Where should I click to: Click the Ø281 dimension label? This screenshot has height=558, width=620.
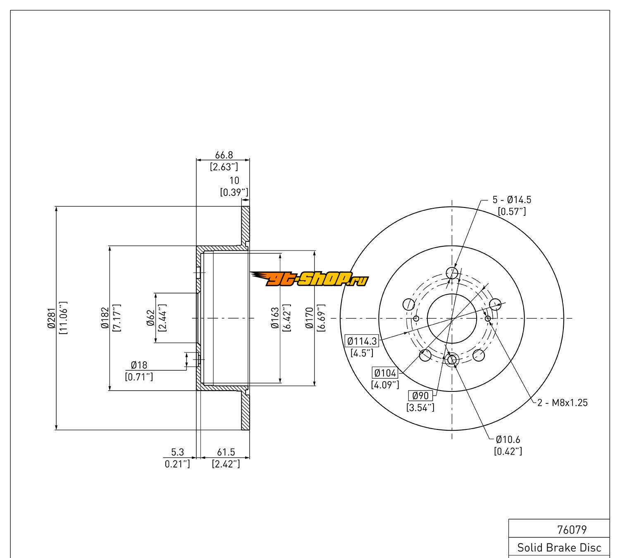(x=51, y=318)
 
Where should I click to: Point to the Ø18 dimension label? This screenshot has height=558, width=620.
(x=139, y=365)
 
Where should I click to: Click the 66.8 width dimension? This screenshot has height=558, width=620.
(x=224, y=155)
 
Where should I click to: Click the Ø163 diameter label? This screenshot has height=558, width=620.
(x=274, y=318)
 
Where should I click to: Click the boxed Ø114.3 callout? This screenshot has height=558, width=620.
(x=362, y=341)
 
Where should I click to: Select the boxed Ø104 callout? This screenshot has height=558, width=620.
(x=385, y=373)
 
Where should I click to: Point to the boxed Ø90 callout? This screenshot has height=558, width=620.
(x=420, y=396)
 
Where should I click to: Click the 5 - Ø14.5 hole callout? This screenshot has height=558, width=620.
(x=512, y=200)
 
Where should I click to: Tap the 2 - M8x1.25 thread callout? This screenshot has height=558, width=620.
(x=562, y=403)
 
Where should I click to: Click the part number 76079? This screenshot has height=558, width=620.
(x=572, y=529)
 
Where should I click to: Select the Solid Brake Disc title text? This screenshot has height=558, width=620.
(x=559, y=548)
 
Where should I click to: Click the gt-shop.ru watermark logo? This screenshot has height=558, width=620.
(x=309, y=279)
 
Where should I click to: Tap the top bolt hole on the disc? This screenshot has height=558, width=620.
(x=452, y=273)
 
